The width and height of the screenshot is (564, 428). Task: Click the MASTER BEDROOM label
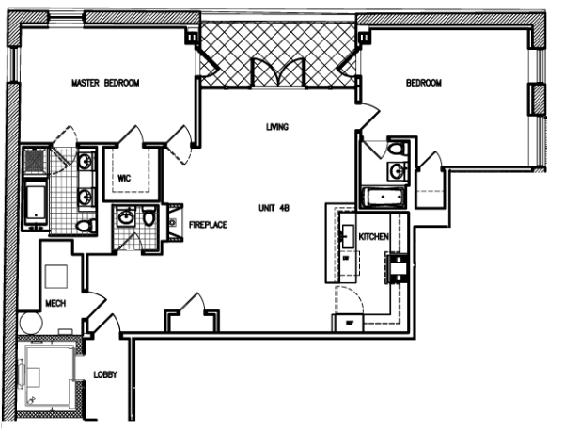click(x=105, y=84)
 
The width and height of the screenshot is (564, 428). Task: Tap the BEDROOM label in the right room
click(x=423, y=84)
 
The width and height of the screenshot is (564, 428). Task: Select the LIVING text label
click(x=276, y=127)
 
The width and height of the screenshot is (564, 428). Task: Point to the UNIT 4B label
click(x=276, y=207)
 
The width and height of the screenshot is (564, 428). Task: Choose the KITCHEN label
click(x=374, y=236)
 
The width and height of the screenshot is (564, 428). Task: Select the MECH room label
click(x=55, y=303)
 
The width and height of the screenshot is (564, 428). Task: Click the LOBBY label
click(x=105, y=375)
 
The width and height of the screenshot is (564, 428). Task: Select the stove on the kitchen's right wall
click(x=399, y=268)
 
